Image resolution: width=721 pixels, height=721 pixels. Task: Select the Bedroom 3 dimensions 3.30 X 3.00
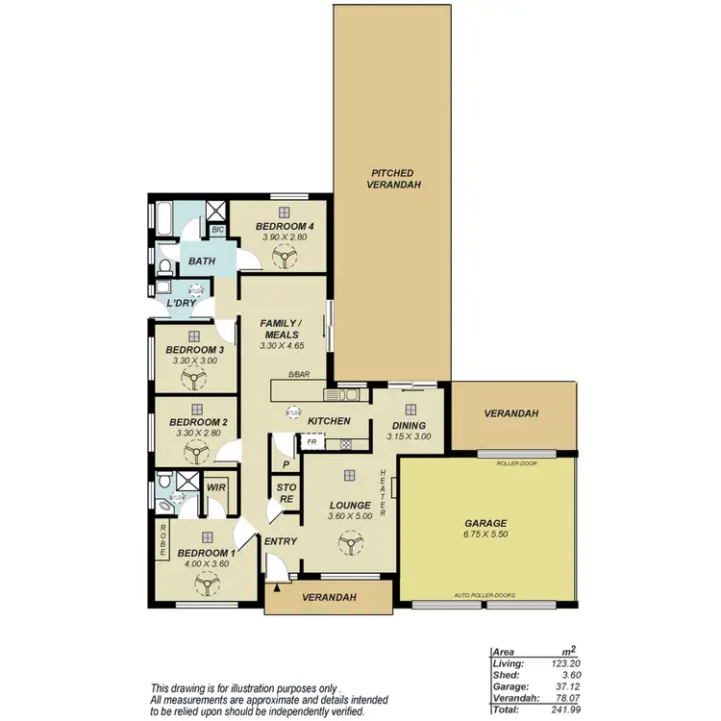coord(195,361)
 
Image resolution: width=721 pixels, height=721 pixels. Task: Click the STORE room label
coord(286,493)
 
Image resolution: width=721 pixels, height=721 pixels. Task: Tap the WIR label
coord(216,488)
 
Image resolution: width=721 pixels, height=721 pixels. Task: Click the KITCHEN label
coord(328,421)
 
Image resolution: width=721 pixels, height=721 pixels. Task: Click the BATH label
coord(202,261)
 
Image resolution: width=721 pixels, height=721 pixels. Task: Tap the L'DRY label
coord(181,303)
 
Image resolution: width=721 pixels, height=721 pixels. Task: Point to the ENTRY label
coord(280,541)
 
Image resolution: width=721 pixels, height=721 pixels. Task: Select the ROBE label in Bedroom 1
coord(163,540)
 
